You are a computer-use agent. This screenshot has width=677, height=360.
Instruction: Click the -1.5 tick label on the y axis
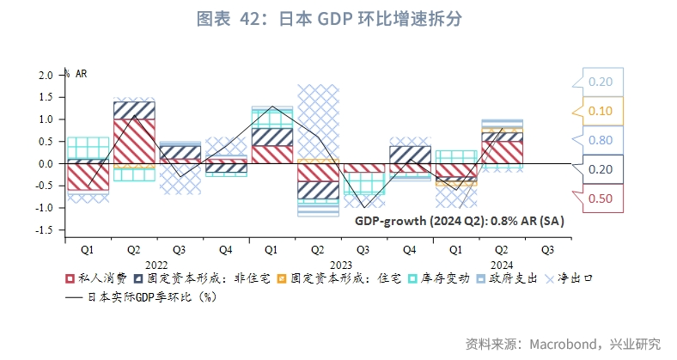[x=44, y=230]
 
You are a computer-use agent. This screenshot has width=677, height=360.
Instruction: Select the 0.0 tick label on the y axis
[x=46, y=163]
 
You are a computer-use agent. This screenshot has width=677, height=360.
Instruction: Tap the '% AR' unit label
[x=76, y=74]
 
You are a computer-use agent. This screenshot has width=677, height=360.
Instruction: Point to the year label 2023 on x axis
[x=341, y=265]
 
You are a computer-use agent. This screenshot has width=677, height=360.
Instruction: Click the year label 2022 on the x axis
[x=156, y=265]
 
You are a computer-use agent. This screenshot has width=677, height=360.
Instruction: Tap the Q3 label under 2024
[x=547, y=250]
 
